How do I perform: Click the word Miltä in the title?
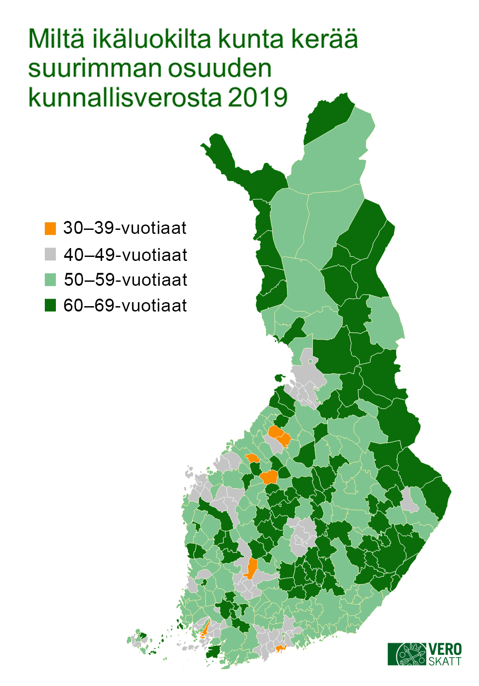(x=56, y=39)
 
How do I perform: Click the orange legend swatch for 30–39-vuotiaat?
(x=51, y=229)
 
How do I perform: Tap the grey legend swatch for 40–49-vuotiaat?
(x=51, y=254)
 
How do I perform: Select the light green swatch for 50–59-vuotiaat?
(x=51, y=280)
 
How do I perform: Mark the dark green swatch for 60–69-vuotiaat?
(x=51, y=306)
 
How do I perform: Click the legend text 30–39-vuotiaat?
(x=125, y=228)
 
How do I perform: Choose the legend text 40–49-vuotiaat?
(x=126, y=255)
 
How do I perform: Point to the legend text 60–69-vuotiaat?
(x=125, y=306)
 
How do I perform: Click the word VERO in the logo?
(x=445, y=650)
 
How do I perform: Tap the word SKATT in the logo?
(x=444, y=661)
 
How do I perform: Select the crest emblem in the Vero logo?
(x=411, y=654)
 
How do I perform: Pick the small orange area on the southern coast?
(x=280, y=649)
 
